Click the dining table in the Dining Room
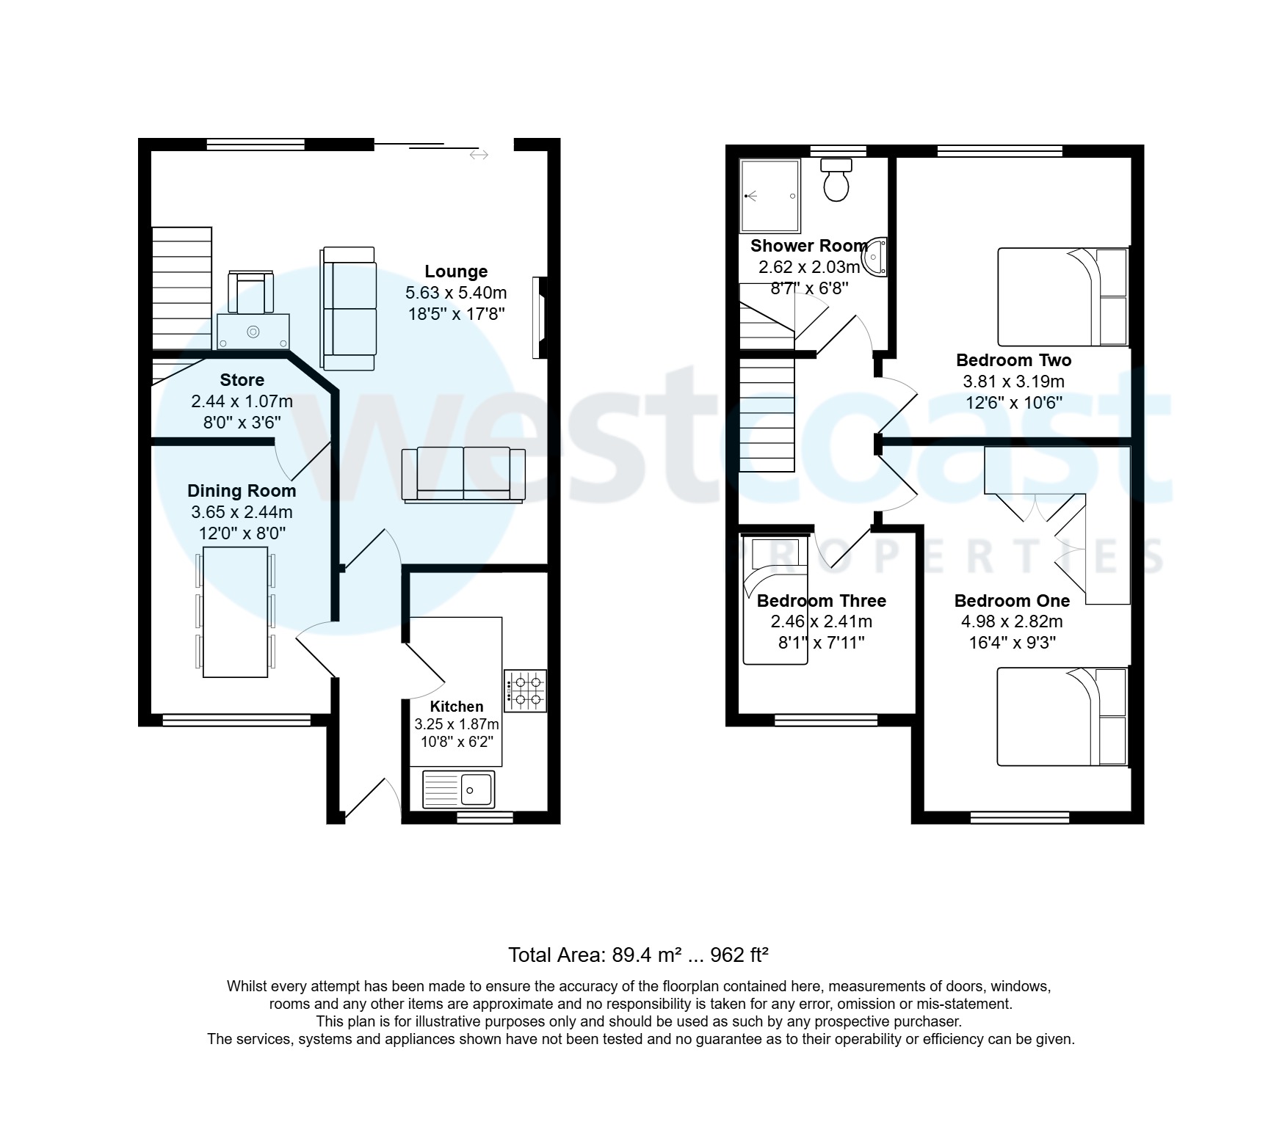[235, 611]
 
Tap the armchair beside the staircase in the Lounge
[250, 291]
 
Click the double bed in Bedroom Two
[1062, 297]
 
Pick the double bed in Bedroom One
[1061, 716]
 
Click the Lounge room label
[456, 271]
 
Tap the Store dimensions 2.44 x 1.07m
[242, 401]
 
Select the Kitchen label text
[456, 707]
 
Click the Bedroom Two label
[1013, 360]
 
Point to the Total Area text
[638, 955]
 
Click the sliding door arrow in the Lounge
[479, 155]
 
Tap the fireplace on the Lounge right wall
[540, 317]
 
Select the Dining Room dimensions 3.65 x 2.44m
[242, 512]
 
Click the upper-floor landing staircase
[767, 415]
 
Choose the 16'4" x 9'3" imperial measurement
[1012, 643]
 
